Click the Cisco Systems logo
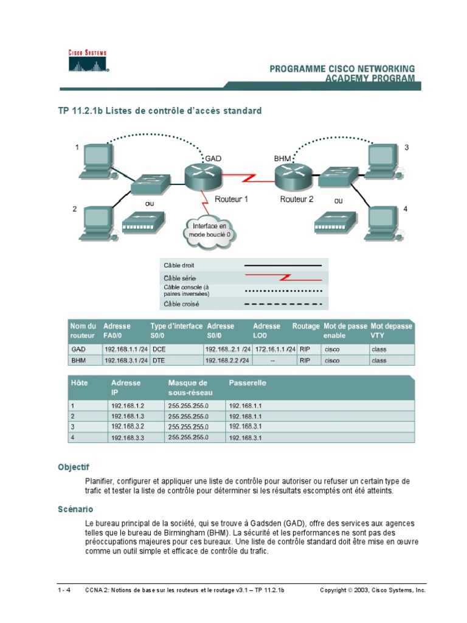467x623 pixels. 87,61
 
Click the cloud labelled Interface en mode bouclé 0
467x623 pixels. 209,230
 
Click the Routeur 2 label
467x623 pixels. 297,200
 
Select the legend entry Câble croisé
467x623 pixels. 181,304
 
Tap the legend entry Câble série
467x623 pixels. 181,278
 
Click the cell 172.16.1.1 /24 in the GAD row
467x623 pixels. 274,350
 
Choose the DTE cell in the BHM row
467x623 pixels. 159,361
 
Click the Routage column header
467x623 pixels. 305,327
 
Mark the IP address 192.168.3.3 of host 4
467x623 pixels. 127,438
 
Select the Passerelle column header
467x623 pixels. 247,383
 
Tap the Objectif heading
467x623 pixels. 74,467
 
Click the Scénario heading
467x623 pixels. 75,509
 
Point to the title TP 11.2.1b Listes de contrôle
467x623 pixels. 159,111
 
